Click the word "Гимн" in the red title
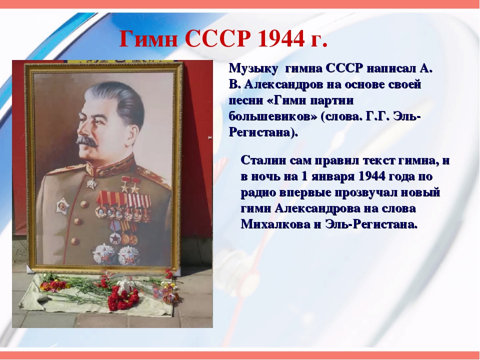click(x=149, y=39)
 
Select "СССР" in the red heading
click(x=218, y=39)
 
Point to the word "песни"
click(x=245, y=101)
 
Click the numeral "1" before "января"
click(x=304, y=176)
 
